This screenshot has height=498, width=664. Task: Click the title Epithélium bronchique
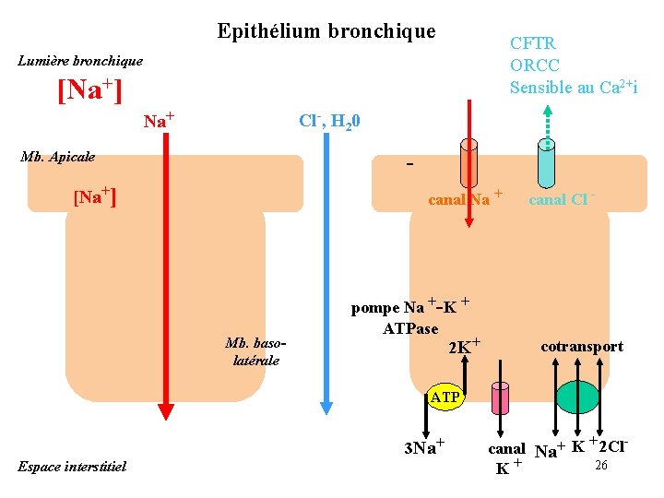[326, 31]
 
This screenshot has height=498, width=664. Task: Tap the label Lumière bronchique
[81, 61]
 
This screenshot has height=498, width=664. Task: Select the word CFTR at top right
[533, 43]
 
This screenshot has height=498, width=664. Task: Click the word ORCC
[535, 65]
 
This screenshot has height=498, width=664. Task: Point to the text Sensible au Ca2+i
[574, 88]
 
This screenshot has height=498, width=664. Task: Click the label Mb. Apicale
[58, 157]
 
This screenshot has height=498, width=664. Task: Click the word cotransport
[581, 347]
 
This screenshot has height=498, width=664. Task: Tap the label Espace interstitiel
[71, 467]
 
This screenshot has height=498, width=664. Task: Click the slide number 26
[600, 466]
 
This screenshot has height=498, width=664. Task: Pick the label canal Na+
[465, 198]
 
